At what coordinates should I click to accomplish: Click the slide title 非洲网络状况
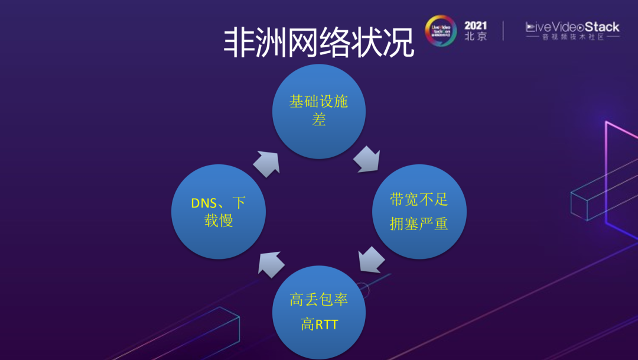tap(318, 42)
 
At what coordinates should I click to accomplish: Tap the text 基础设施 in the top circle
tap(318, 101)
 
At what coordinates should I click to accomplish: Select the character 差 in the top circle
tap(318, 121)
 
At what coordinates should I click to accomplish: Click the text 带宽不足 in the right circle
tap(419, 199)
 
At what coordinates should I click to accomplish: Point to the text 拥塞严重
tap(419, 224)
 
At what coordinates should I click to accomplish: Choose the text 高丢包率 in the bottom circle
tap(318, 299)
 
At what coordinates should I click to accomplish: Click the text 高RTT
tap(318, 324)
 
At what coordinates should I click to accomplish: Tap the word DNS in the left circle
tap(204, 203)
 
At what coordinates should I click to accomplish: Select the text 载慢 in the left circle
tap(219, 222)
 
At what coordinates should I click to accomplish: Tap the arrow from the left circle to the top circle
tap(266, 164)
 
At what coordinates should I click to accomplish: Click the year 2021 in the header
tap(476, 26)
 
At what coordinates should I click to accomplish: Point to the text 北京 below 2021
tap(476, 36)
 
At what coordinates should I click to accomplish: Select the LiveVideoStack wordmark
tap(572, 27)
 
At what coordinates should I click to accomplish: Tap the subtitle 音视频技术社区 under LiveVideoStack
tap(572, 37)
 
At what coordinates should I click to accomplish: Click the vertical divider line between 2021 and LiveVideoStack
tap(504, 31)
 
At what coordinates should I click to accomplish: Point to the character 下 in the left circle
tap(239, 203)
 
